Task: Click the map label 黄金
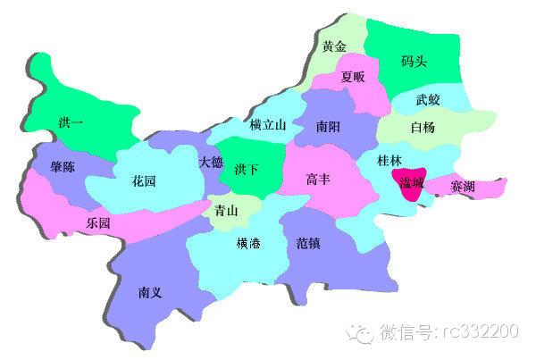pos(335,47)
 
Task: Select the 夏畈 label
pos(353,77)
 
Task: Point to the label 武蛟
pos(428,100)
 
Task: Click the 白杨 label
pos(423,127)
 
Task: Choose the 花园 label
pos(144,181)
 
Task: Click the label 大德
pos(211,163)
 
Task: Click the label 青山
pos(228,212)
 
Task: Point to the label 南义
pos(151,291)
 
